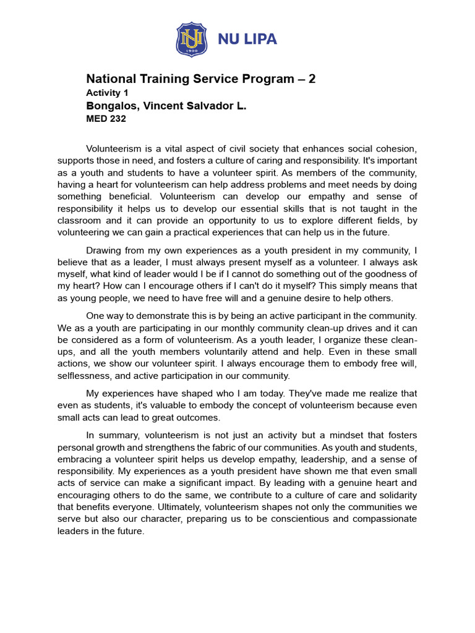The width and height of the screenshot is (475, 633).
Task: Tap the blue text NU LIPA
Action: [x=247, y=40]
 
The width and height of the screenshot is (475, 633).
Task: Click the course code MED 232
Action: [x=106, y=119]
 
